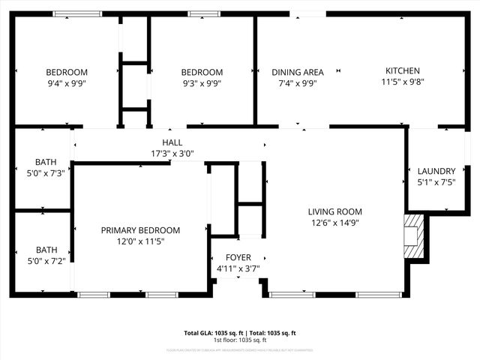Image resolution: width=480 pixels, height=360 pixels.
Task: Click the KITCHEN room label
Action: [403, 71]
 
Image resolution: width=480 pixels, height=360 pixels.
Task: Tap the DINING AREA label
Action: [298, 73]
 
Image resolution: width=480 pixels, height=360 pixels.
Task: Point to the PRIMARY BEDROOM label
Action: [140, 230]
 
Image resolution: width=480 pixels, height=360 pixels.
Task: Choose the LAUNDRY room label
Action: [436, 171]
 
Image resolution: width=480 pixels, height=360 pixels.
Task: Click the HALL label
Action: [172, 142]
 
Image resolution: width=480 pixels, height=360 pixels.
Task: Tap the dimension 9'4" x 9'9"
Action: [67, 84]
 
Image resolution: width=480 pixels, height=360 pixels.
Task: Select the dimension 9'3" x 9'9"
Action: [202, 84]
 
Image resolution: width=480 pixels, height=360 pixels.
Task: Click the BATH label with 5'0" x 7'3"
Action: [46, 162]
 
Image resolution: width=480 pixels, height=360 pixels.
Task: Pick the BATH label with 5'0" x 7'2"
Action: [46, 250]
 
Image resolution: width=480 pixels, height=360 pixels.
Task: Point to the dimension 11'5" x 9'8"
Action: [403, 83]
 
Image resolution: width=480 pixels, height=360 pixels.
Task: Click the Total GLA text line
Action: [240, 333]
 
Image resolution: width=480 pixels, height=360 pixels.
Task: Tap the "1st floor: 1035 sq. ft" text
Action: [240, 340]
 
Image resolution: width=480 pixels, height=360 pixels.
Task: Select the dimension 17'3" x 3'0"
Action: [172, 154]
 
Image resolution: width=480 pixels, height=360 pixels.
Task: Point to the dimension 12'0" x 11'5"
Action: [140, 242]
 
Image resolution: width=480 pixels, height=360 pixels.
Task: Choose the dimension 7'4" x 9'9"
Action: [298, 84]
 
